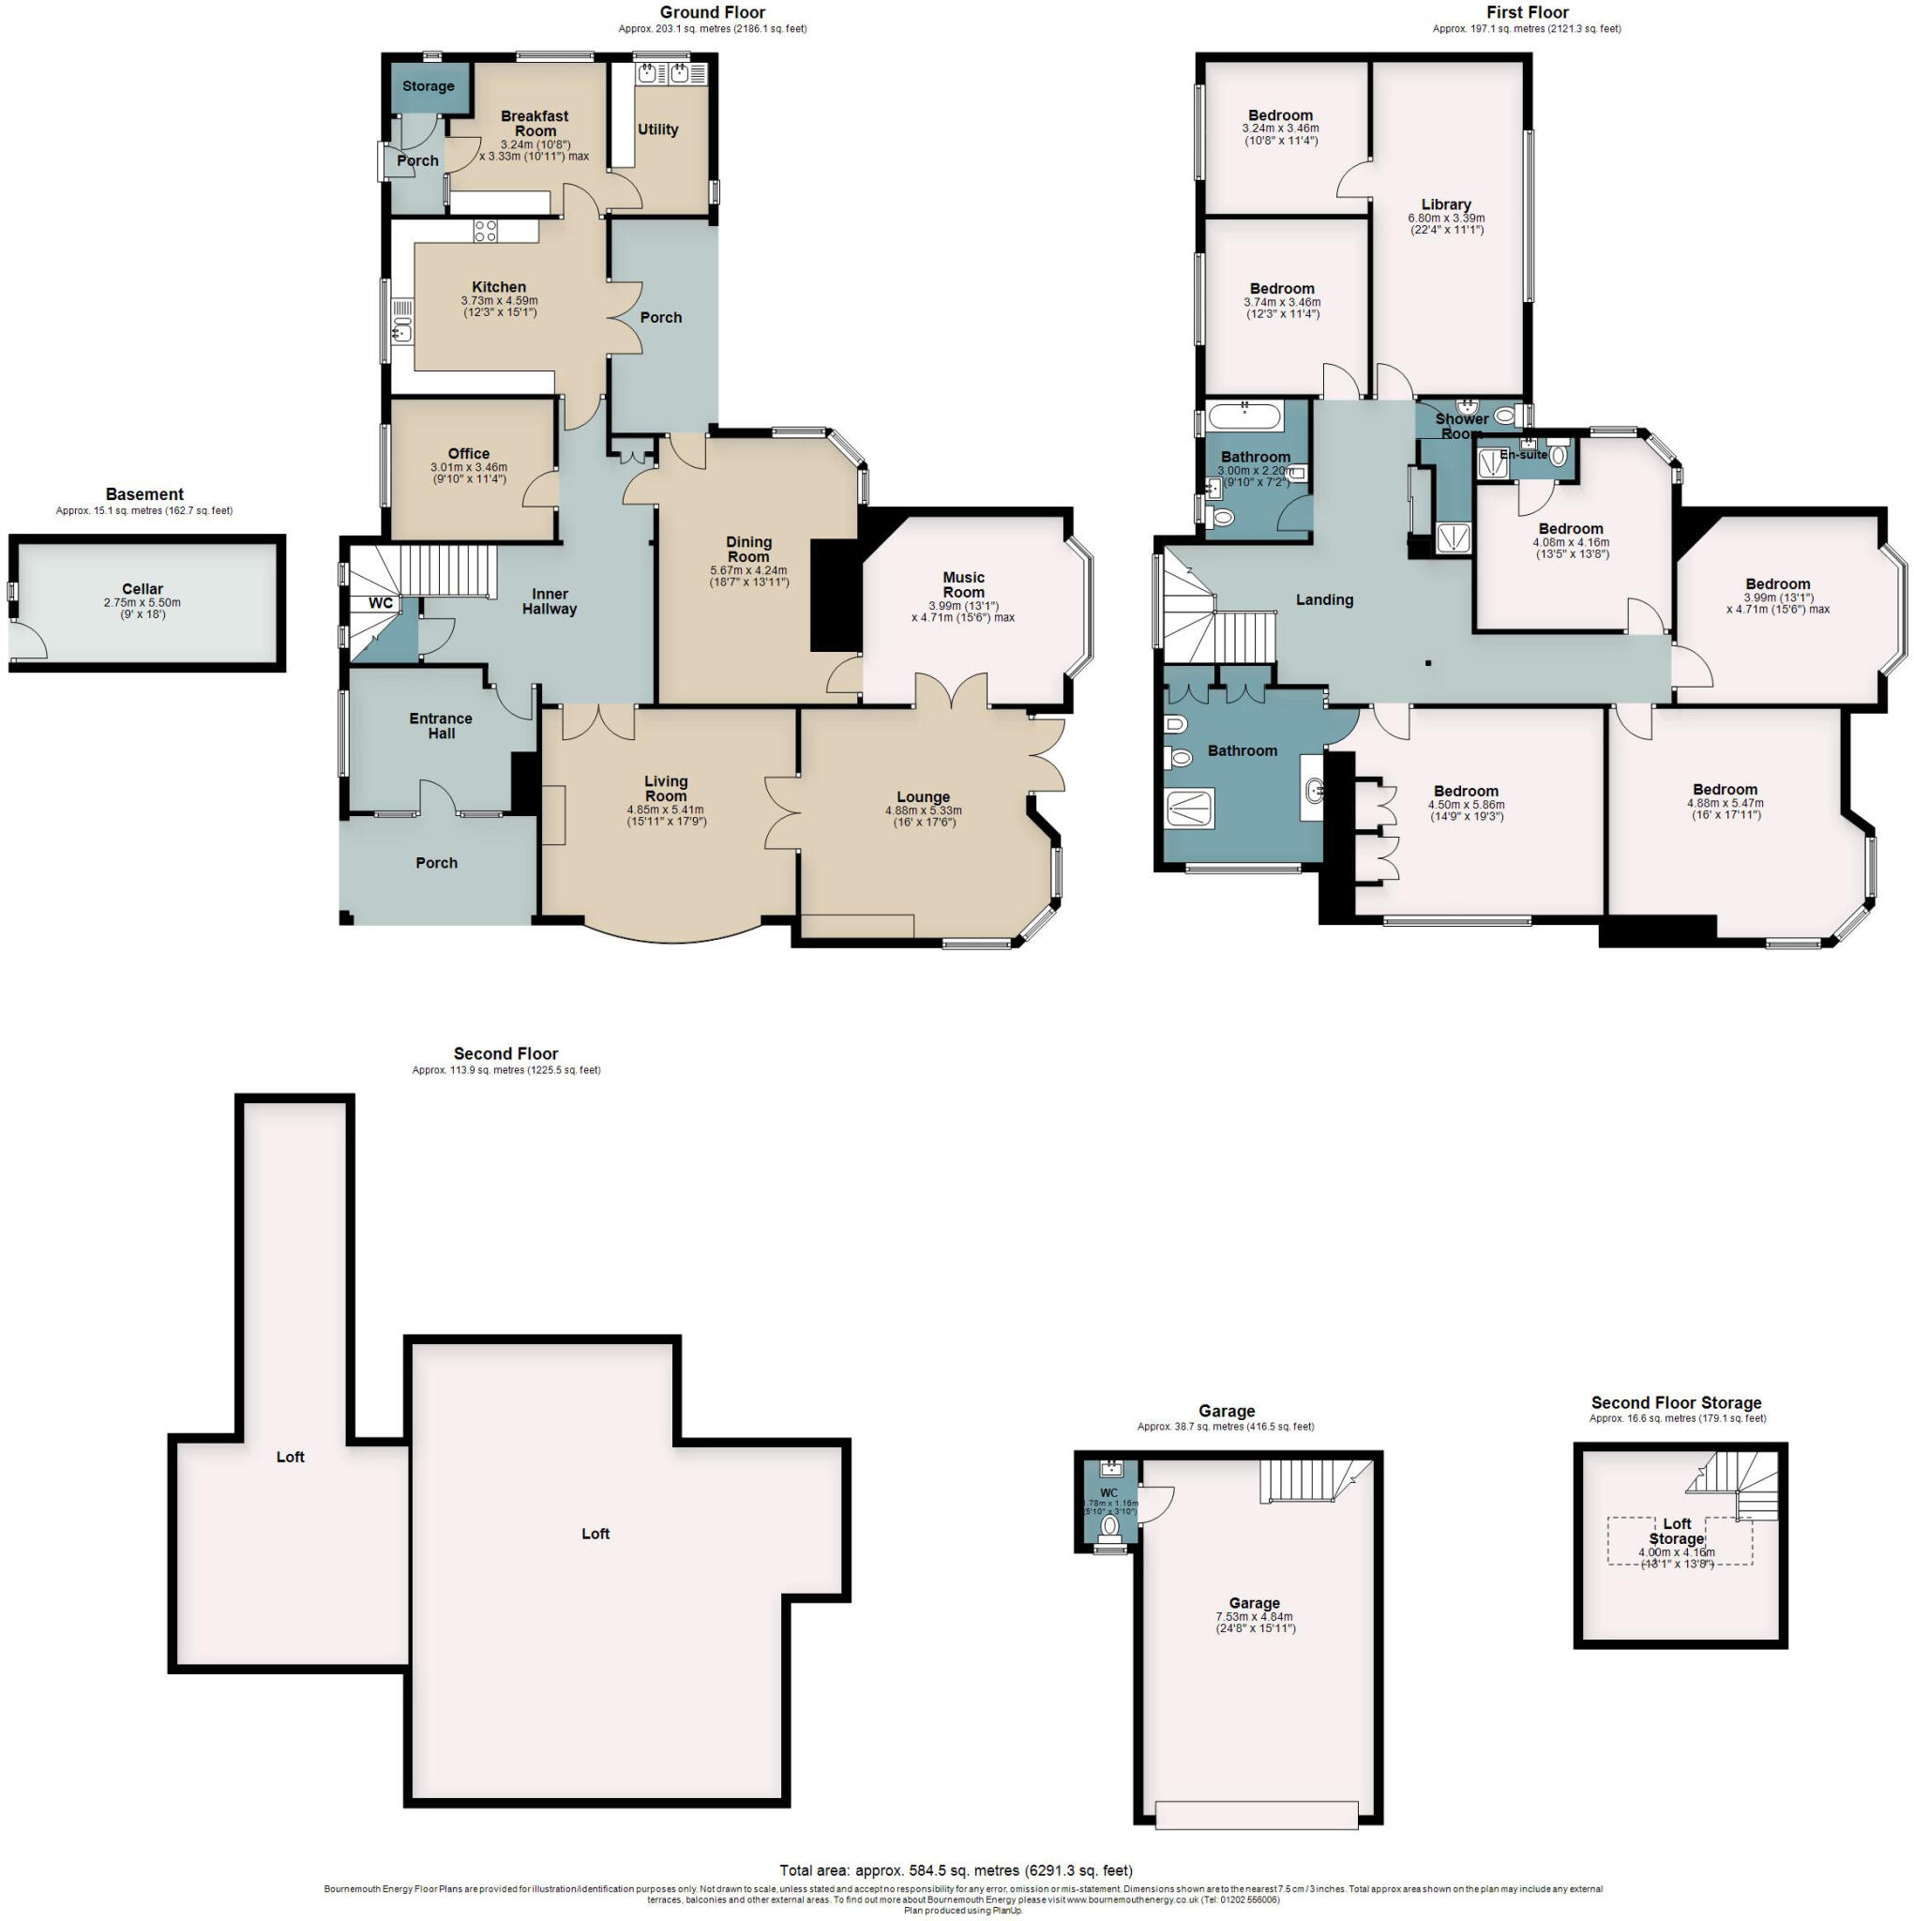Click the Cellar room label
point(143,589)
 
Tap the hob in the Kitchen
point(485,231)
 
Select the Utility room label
point(657,129)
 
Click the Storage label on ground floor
point(429,86)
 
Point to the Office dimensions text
point(468,474)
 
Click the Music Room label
point(962,584)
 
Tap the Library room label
point(1446,204)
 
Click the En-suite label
point(1523,454)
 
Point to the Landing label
point(1324,599)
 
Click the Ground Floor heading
point(712,12)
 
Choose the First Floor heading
point(1528,12)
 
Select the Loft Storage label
point(1677,1531)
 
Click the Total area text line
point(956,1870)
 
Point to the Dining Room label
point(748,549)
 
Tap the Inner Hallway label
point(549,601)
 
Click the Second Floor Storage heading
point(1677,1403)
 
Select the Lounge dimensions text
point(923,816)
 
